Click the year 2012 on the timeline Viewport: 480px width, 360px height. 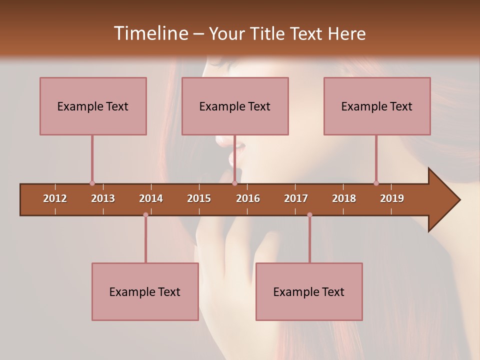pyautogui.click(x=55, y=198)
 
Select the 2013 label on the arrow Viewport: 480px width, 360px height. pyautogui.click(x=103, y=198)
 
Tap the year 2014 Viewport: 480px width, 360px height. pyautogui.click(x=151, y=198)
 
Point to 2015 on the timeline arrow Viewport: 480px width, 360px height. pyautogui.click(x=199, y=198)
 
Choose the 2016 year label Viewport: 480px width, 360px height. pyautogui.click(x=248, y=198)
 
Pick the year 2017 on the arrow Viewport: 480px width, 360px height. pyautogui.click(x=296, y=198)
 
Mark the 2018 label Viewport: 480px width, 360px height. pyautogui.click(x=344, y=198)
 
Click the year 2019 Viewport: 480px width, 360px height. pyautogui.click(x=392, y=198)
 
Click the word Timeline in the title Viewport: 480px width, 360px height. pyautogui.click(x=150, y=33)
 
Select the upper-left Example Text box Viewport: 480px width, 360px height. pyautogui.click(x=93, y=106)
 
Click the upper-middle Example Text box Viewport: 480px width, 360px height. pyautogui.click(x=235, y=106)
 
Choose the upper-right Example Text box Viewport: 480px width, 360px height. pyautogui.click(x=377, y=106)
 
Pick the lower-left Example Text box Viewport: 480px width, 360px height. pyautogui.click(x=145, y=291)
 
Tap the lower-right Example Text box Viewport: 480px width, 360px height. pyautogui.click(x=309, y=291)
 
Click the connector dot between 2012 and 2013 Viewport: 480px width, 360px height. pyautogui.click(x=92, y=183)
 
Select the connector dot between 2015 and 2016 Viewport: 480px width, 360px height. pyautogui.click(x=234, y=183)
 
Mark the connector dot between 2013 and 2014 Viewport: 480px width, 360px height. pyautogui.click(x=145, y=215)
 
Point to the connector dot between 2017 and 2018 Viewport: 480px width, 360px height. pyautogui.click(x=309, y=215)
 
